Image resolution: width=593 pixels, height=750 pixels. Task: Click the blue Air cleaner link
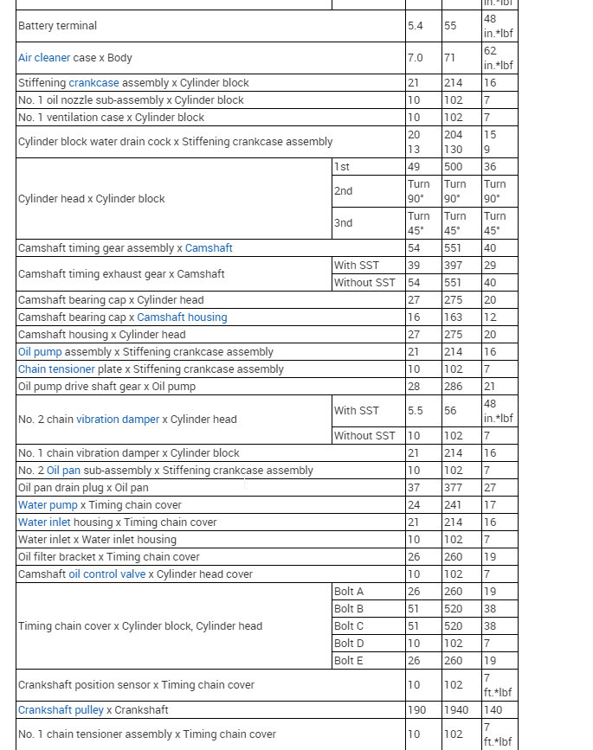coord(44,58)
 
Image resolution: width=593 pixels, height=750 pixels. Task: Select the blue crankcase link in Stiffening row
coord(94,83)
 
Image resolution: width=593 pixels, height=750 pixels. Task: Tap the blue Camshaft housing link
coord(182,317)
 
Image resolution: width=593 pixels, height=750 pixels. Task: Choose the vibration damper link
coord(118,420)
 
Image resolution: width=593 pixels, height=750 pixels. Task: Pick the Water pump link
coord(48,505)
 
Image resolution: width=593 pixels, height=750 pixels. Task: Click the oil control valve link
coord(106,574)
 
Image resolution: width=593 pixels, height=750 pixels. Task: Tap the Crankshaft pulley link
coord(61,710)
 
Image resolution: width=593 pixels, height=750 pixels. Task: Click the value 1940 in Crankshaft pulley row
coord(456,710)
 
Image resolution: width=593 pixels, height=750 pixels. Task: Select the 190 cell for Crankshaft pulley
coord(417,710)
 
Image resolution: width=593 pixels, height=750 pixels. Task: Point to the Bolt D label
coord(349,644)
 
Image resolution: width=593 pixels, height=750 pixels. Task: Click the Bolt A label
coord(349,592)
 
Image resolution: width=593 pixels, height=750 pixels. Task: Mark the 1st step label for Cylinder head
coord(342,166)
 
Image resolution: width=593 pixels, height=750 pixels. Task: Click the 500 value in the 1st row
coord(453,166)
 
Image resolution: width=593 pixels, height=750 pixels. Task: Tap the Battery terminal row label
coord(57,26)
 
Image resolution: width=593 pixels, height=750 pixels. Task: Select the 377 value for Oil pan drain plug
coord(453,488)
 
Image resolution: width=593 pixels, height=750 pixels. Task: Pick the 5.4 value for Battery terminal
coord(416,26)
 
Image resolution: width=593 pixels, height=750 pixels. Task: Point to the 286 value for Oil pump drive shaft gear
coord(453,387)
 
